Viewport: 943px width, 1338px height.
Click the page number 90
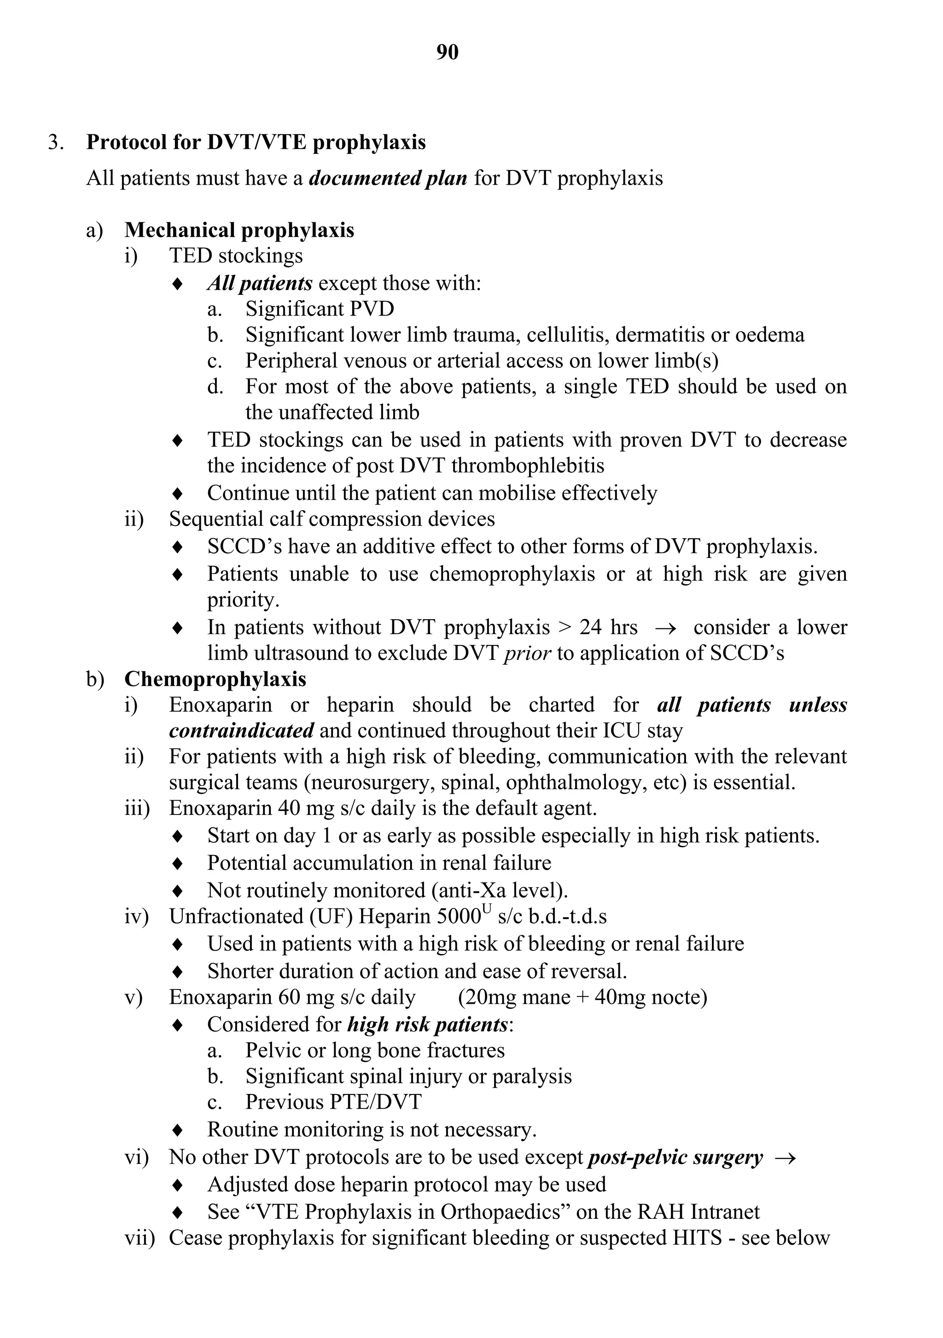point(447,52)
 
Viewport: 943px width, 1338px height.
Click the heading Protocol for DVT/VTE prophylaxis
point(256,142)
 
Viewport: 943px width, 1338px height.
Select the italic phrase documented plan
point(388,178)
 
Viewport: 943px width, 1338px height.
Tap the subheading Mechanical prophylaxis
point(239,230)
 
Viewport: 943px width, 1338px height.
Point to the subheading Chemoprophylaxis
point(215,679)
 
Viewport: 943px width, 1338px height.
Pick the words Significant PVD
point(320,309)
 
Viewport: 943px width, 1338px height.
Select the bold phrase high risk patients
point(428,1024)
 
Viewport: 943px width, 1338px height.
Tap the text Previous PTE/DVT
point(333,1102)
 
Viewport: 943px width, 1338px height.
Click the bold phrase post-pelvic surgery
point(675,1158)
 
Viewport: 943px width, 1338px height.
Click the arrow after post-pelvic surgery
point(786,1158)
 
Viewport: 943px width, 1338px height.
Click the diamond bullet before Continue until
point(178,494)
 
